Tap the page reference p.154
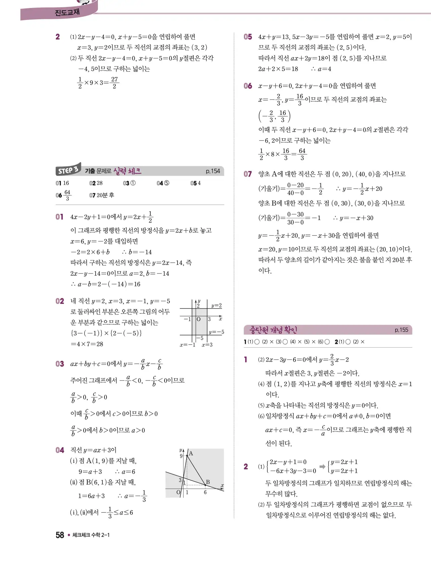point(213,171)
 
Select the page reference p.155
point(401,330)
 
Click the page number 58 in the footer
point(60,535)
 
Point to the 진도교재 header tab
point(67,13)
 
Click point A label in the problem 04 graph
point(191,454)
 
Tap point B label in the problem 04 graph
point(208,482)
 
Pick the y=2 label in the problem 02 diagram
point(216,306)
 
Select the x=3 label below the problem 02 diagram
point(207,345)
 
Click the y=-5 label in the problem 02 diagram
point(216,332)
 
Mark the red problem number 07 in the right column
point(248,174)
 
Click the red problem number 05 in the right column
point(248,37)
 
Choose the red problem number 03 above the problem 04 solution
point(60,364)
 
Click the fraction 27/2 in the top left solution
point(114,83)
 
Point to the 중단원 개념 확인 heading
point(273,330)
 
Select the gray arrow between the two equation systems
point(322,467)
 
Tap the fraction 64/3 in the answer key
point(67,195)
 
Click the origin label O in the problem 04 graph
point(178,492)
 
